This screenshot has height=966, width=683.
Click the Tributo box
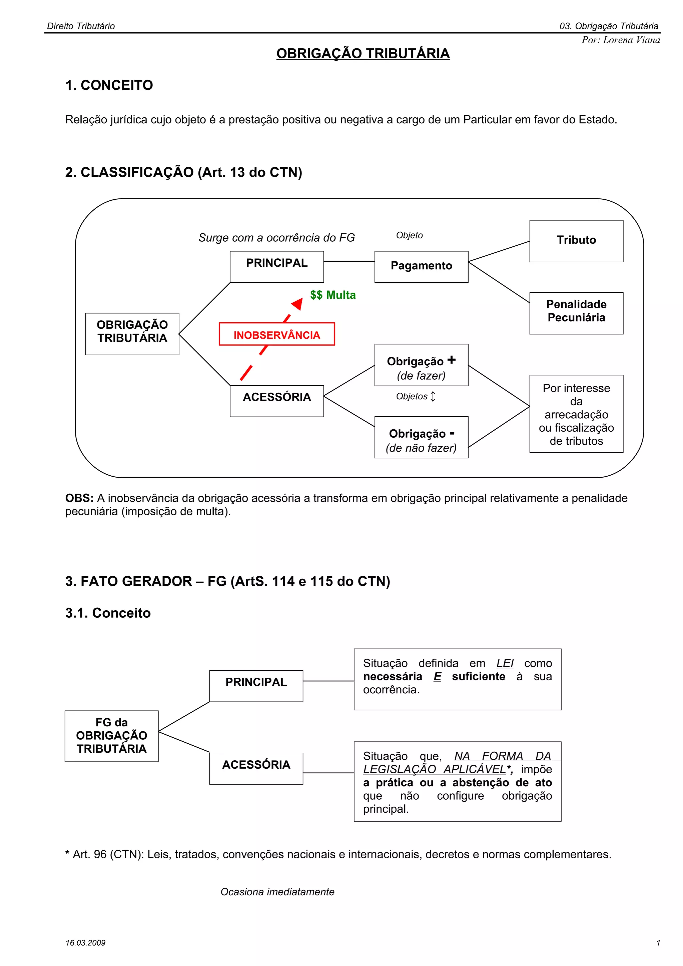coord(576,241)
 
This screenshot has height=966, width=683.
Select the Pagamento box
coord(421,266)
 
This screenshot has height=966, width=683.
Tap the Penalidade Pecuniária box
coord(576,313)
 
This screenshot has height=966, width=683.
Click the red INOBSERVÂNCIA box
coord(276,334)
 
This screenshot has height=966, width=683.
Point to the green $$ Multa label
coord(332,295)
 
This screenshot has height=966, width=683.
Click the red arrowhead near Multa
coord(297,303)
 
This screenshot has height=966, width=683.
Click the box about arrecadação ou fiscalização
coord(576,414)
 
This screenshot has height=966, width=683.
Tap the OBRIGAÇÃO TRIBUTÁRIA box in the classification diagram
coord(132,333)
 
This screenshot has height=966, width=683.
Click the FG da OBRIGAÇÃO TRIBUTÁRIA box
coord(111,736)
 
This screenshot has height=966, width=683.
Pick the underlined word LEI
coord(505,663)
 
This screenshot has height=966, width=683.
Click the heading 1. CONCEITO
coord(109,85)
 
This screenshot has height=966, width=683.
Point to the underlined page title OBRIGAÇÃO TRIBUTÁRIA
coord(363,54)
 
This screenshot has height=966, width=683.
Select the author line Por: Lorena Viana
coord(620,40)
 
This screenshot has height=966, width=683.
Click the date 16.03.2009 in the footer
coord(85,943)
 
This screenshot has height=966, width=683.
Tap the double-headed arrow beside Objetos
coord(433,396)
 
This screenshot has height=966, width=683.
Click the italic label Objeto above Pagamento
coord(409,236)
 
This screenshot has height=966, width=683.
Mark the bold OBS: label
coord(79,498)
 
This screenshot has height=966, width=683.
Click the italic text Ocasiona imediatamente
coord(277,892)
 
